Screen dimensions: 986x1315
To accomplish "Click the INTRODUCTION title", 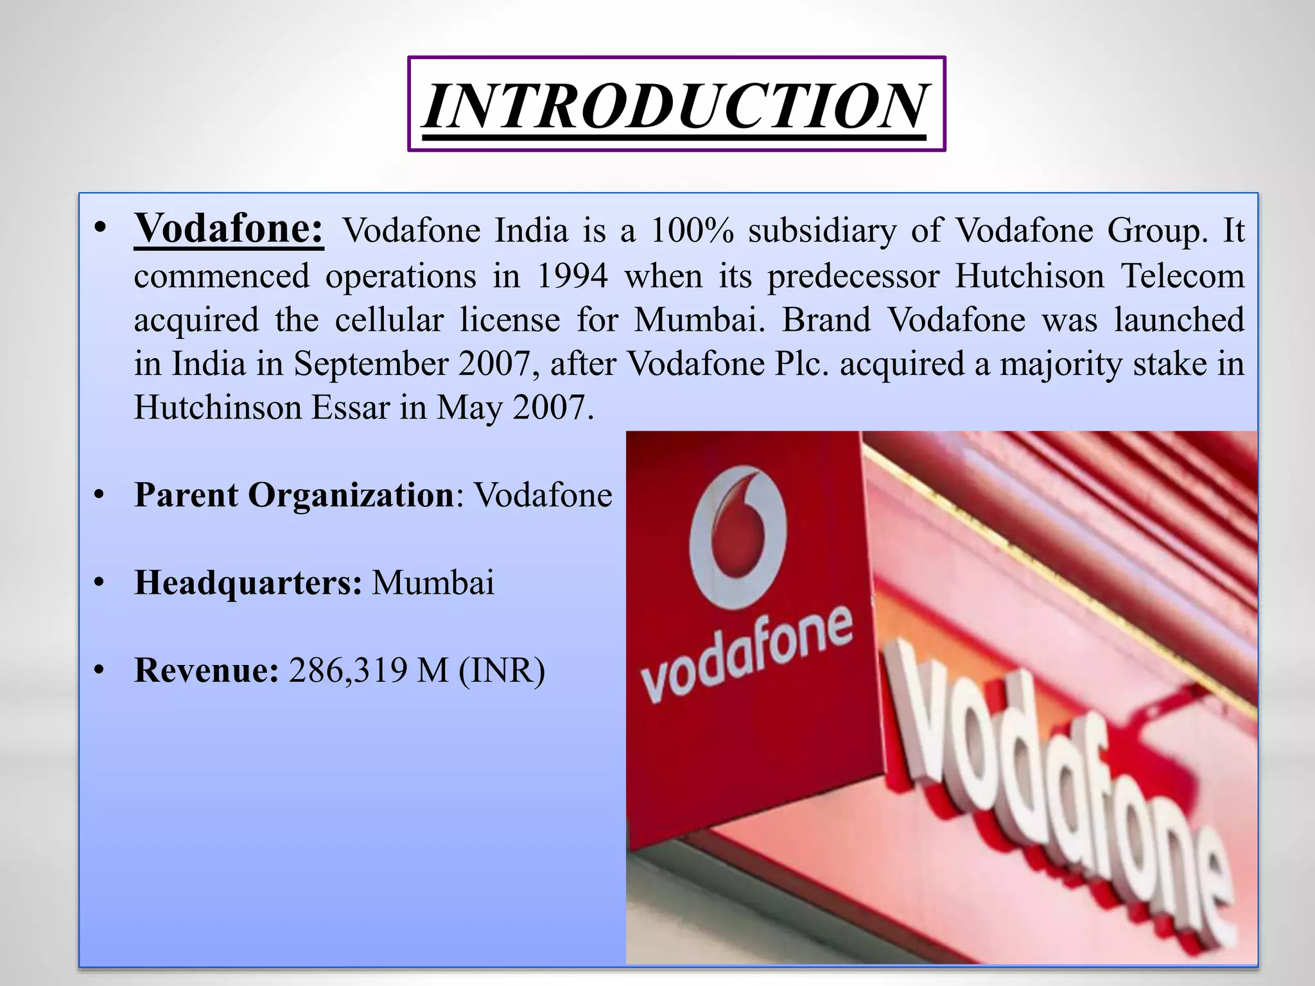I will pos(675,105).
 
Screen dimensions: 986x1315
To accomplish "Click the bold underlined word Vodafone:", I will pos(229,229).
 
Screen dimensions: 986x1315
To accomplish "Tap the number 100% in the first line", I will pos(692,230).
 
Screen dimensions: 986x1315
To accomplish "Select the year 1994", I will pos(572,277).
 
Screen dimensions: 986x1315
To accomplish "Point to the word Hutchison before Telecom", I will pos(1029,277).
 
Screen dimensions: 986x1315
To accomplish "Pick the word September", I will pos(370,364).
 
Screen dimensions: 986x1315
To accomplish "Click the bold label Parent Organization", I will pos(294,496).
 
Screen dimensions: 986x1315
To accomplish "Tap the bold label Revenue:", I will pos(206,671).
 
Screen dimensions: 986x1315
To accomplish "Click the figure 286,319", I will pos(347,671).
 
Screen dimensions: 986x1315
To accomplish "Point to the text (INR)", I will pos(501,671).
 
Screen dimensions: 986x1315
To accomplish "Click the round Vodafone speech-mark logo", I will pos(738,538).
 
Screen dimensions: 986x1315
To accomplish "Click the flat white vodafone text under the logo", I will pos(747,653).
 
